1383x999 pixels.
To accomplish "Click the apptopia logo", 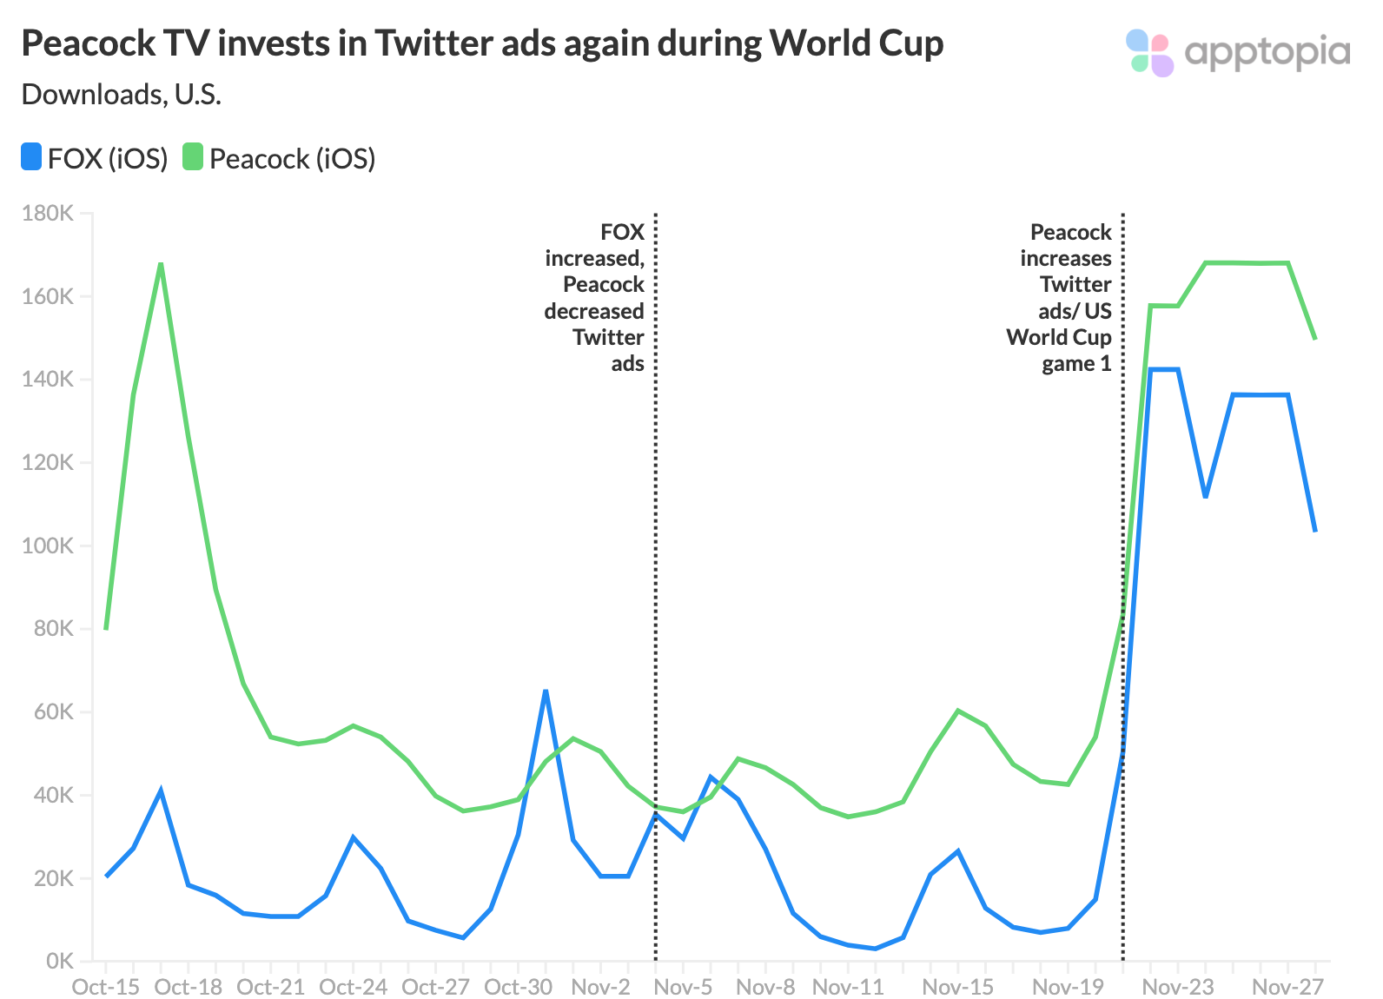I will point(1237,52).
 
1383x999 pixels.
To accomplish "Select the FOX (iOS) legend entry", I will point(95,159).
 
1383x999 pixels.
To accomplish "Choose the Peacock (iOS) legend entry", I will point(279,159).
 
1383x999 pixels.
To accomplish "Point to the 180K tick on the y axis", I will point(49,214).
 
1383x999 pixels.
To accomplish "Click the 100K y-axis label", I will point(49,546).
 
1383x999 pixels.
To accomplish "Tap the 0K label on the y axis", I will point(59,962).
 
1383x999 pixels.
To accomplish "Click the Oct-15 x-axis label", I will point(105,988).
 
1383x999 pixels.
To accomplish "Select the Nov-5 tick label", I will point(683,988).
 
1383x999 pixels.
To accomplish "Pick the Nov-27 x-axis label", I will point(1287,988).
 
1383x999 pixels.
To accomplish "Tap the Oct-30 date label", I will point(518,988).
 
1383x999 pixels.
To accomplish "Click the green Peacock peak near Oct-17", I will point(161,264).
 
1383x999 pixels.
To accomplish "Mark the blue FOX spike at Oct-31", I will point(546,691).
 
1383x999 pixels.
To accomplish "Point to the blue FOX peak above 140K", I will point(1164,369).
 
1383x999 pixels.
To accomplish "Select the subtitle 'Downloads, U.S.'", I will point(122,94).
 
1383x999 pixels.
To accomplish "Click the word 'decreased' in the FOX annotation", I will point(594,311).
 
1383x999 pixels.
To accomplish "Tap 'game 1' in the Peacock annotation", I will point(1076,364).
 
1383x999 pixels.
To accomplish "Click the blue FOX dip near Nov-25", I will point(1205,497).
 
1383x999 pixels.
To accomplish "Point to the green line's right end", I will point(1315,339).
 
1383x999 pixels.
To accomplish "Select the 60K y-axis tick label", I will point(51,712).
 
